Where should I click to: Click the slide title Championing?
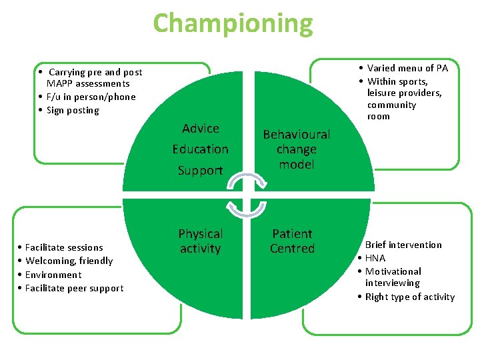[233, 23]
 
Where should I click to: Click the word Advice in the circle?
[201, 129]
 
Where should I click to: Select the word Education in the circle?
[200, 149]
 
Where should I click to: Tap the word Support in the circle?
[200, 171]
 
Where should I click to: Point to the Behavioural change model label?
[297, 149]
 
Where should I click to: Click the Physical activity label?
[200, 241]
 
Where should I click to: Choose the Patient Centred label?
[292, 241]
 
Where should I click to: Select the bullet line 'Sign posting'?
[73, 111]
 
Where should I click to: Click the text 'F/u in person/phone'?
[91, 97]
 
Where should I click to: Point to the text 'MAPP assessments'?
[88, 84]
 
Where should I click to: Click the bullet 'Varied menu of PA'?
[407, 68]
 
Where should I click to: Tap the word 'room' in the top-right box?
[378, 117]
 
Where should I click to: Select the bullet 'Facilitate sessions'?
[64, 247]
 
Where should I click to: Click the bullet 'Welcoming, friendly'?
[69, 261]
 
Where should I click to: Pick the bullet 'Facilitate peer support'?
[74, 289]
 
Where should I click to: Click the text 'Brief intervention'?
[403, 245]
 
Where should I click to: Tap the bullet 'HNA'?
[375, 258]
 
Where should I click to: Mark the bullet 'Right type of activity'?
[410, 297]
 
